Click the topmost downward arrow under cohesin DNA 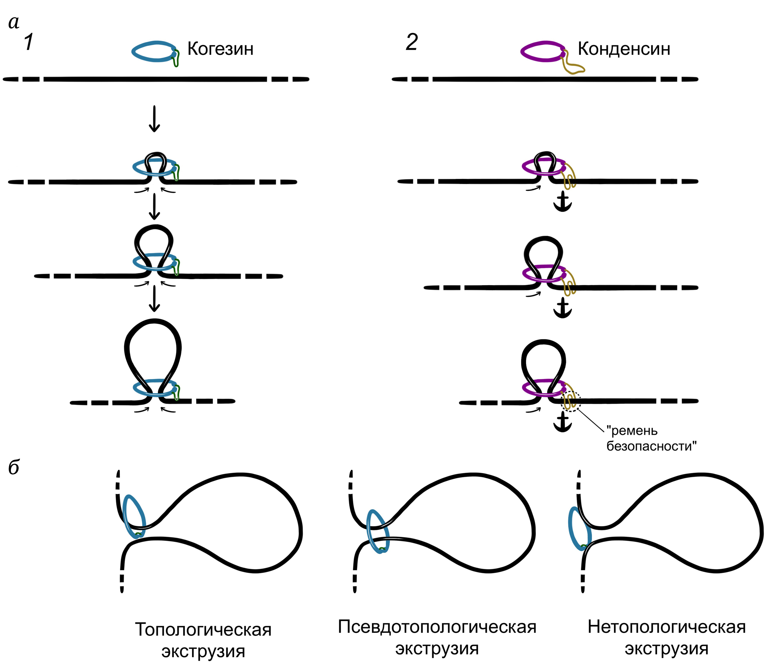tap(154, 119)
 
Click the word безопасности tap(651, 446)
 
